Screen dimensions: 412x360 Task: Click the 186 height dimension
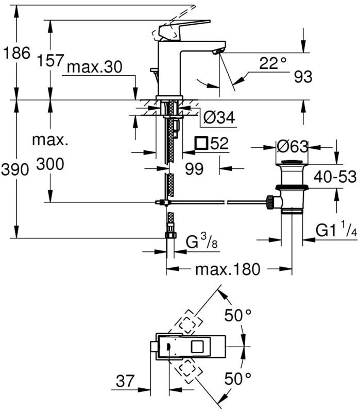click(16, 53)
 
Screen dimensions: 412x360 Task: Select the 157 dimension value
click(50, 61)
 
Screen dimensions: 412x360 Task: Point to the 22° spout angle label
click(272, 64)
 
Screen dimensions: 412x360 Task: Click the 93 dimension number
click(303, 77)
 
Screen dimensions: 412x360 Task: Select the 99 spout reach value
click(194, 169)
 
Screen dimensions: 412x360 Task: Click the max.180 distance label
click(227, 269)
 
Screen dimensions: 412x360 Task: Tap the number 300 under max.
click(50, 165)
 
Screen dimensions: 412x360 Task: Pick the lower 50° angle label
click(237, 380)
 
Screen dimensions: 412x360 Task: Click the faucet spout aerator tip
click(218, 51)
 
